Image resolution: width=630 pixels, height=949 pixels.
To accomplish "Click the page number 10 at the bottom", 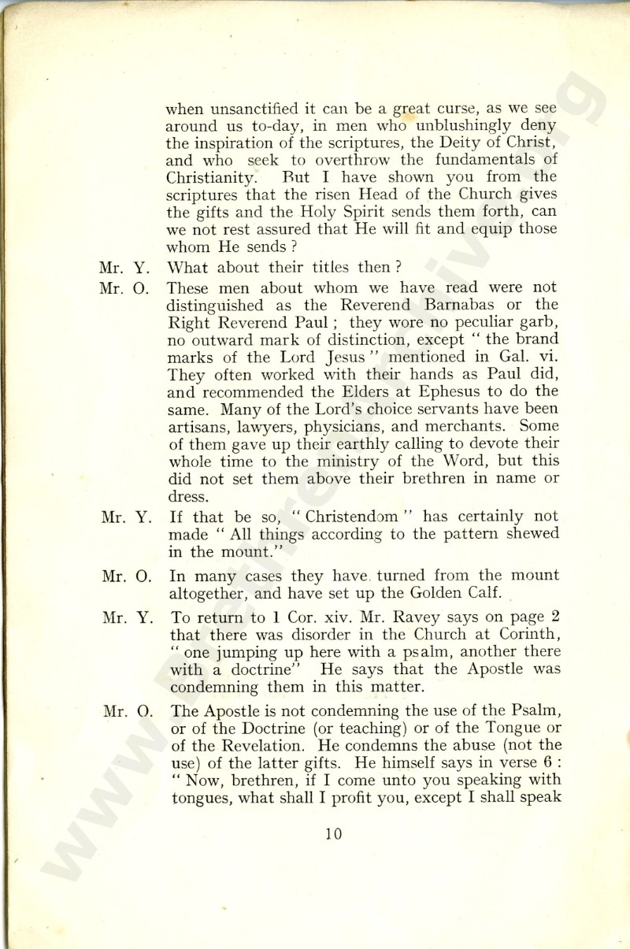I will tap(335, 833).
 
